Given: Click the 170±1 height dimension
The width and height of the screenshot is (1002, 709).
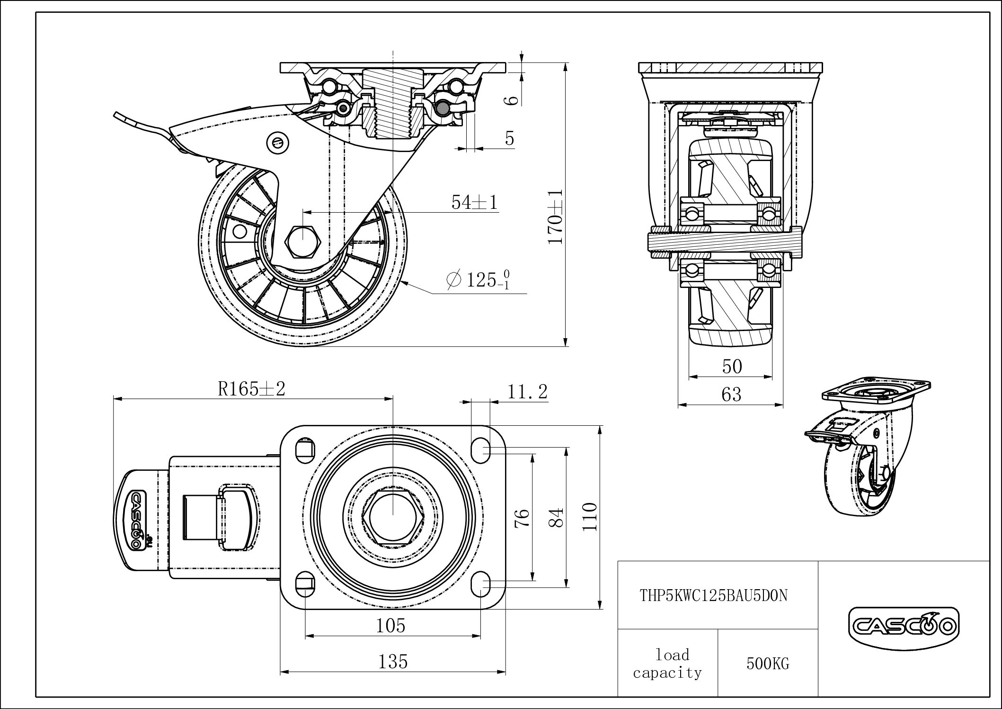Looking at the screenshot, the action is pos(555,217).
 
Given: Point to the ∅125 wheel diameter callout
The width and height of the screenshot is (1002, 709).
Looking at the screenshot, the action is pos(478,279).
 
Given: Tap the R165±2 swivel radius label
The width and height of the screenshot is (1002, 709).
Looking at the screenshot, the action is pos(252,389).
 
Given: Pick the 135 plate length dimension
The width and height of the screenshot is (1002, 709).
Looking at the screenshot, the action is pos(393,661).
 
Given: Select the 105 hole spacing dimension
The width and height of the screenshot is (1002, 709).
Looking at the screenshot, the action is pos(391,626).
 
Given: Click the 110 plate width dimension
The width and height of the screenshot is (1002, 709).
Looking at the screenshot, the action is pos(590,517).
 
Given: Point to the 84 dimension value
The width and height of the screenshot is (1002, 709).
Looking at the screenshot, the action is pos(557,518).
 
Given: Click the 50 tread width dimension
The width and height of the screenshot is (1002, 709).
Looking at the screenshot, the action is pos(732,366).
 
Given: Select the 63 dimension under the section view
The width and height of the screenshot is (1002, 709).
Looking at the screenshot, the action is pos(731,394).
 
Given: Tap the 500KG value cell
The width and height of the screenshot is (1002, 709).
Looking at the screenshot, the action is pos(768,664).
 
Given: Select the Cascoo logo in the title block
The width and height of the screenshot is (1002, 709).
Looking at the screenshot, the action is pos(903,627).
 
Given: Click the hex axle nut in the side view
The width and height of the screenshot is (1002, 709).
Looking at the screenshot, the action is pos(303,242).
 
